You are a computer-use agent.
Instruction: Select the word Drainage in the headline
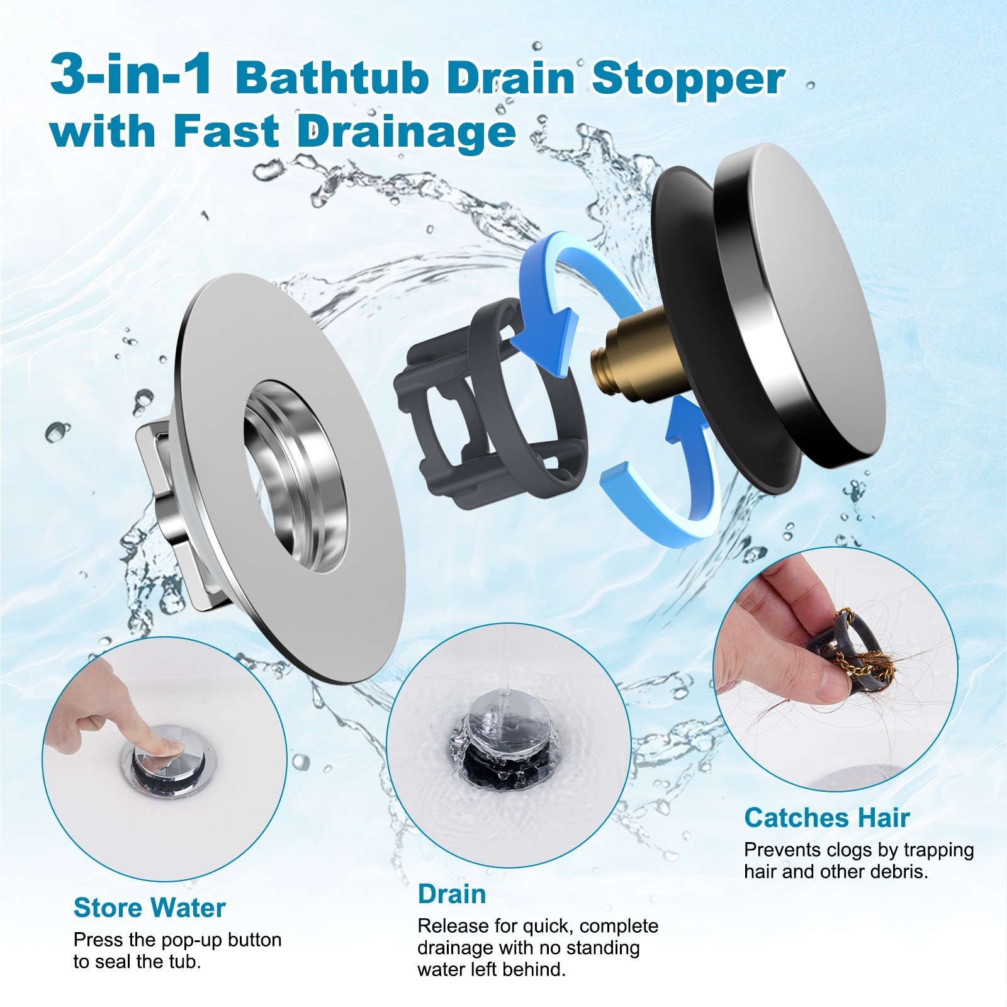406,132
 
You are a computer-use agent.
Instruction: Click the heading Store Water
149,908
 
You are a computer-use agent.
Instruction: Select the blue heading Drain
451,894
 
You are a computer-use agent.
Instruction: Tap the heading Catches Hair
826,818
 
